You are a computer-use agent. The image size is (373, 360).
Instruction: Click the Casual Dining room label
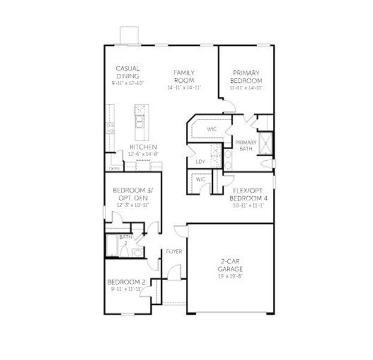(x=128, y=73)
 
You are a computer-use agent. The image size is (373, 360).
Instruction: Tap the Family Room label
(x=184, y=76)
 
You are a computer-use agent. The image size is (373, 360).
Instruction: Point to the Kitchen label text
(x=143, y=147)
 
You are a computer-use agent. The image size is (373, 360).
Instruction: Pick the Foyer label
(x=174, y=251)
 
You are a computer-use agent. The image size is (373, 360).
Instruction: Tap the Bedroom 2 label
(x=127, y=281)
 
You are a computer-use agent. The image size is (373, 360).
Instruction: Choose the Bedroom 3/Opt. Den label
(x=131, y=195)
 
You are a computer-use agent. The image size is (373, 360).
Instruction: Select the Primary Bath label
(x=246, y=145)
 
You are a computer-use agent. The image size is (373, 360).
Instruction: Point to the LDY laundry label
(x=200, y=161)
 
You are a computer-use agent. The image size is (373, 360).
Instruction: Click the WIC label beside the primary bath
(x=212, y=129)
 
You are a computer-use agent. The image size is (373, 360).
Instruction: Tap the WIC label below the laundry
(x=200, y=179)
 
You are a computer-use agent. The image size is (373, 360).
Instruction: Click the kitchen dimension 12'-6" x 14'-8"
(x=143, y=154)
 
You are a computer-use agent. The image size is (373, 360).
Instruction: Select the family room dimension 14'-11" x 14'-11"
(x=184, y=88)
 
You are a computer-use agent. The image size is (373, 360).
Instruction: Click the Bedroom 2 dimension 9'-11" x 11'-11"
(x=127, y=290)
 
